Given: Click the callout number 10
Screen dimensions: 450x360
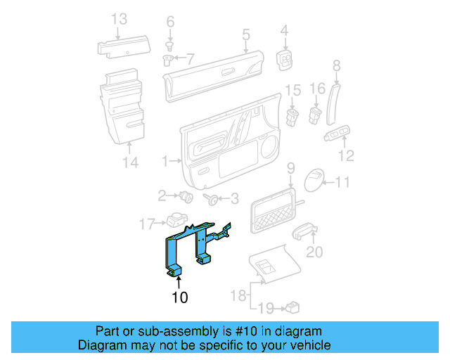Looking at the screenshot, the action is click(180, 297).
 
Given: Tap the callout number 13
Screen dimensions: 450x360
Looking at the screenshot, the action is click(119, 19).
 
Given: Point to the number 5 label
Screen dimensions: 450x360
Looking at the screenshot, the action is click(246, 34).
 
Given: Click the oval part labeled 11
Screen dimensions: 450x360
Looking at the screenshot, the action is click(314, 180).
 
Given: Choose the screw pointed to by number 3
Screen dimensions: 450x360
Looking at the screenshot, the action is click(211, 199).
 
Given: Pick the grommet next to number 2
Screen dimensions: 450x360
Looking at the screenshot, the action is click(186, 197).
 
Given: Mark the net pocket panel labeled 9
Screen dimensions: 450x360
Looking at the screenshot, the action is click(273, 211).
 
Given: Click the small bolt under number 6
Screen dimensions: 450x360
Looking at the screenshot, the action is click(170, 46).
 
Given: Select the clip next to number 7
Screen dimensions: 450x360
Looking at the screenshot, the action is click(167, 60).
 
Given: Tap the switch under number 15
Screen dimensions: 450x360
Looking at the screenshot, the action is click(292, 117).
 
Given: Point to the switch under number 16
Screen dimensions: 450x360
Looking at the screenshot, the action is click(315, 115).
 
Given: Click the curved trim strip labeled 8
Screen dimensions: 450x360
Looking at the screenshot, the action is click(333, 104).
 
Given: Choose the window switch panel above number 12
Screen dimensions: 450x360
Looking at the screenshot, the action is click(337, 133).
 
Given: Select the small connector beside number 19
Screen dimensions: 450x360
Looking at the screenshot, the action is click(292, 307).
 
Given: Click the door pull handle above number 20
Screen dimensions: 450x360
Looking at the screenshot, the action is click(304, 231).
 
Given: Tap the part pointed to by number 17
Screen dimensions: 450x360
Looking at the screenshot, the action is click(176, 219).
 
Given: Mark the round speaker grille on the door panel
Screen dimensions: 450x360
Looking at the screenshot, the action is click(270, 146).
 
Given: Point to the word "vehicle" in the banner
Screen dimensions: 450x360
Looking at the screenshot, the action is click(312, 345).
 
